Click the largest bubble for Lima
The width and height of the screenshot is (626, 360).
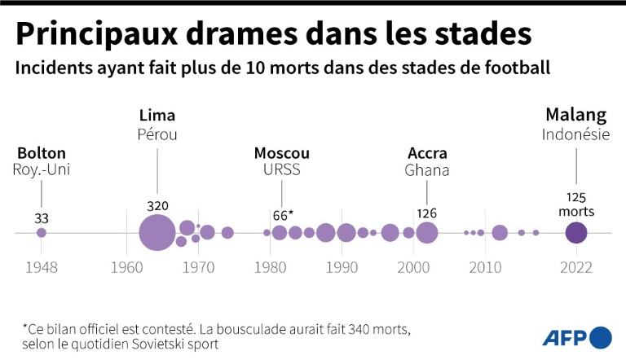pyautogui.click(x=157, y=233)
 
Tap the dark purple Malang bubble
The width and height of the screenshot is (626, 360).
pyautogui.click(x=576, y=233)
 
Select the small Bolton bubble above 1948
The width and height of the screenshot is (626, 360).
pyautogui.click(x=42, y=233)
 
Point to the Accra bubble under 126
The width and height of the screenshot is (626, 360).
pyautogui.click(x=426, y=233)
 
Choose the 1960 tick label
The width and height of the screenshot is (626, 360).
pyautogui.click(x=126, y=267)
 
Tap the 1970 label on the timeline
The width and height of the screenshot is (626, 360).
pyautogui.click(x=198, y=267)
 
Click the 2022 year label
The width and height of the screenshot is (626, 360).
pyautogui.click(x=576, y=267)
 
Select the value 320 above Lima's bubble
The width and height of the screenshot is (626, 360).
pyautogui.click(x=157, y=205)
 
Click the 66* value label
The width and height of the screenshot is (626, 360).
pyautogui.click(x=282, y=215)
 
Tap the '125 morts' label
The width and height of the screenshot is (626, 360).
pyautogui.click(x=576, y=204)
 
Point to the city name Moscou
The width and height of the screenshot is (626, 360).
pyautogui.click(x=282, y=153)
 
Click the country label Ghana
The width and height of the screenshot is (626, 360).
pyautogui.click(x=427, y=170)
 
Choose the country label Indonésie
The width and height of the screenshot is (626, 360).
pyautogui.click(x=575, y=135)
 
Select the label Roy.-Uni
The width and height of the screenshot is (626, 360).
pyautogui.click(x=41, y=170)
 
